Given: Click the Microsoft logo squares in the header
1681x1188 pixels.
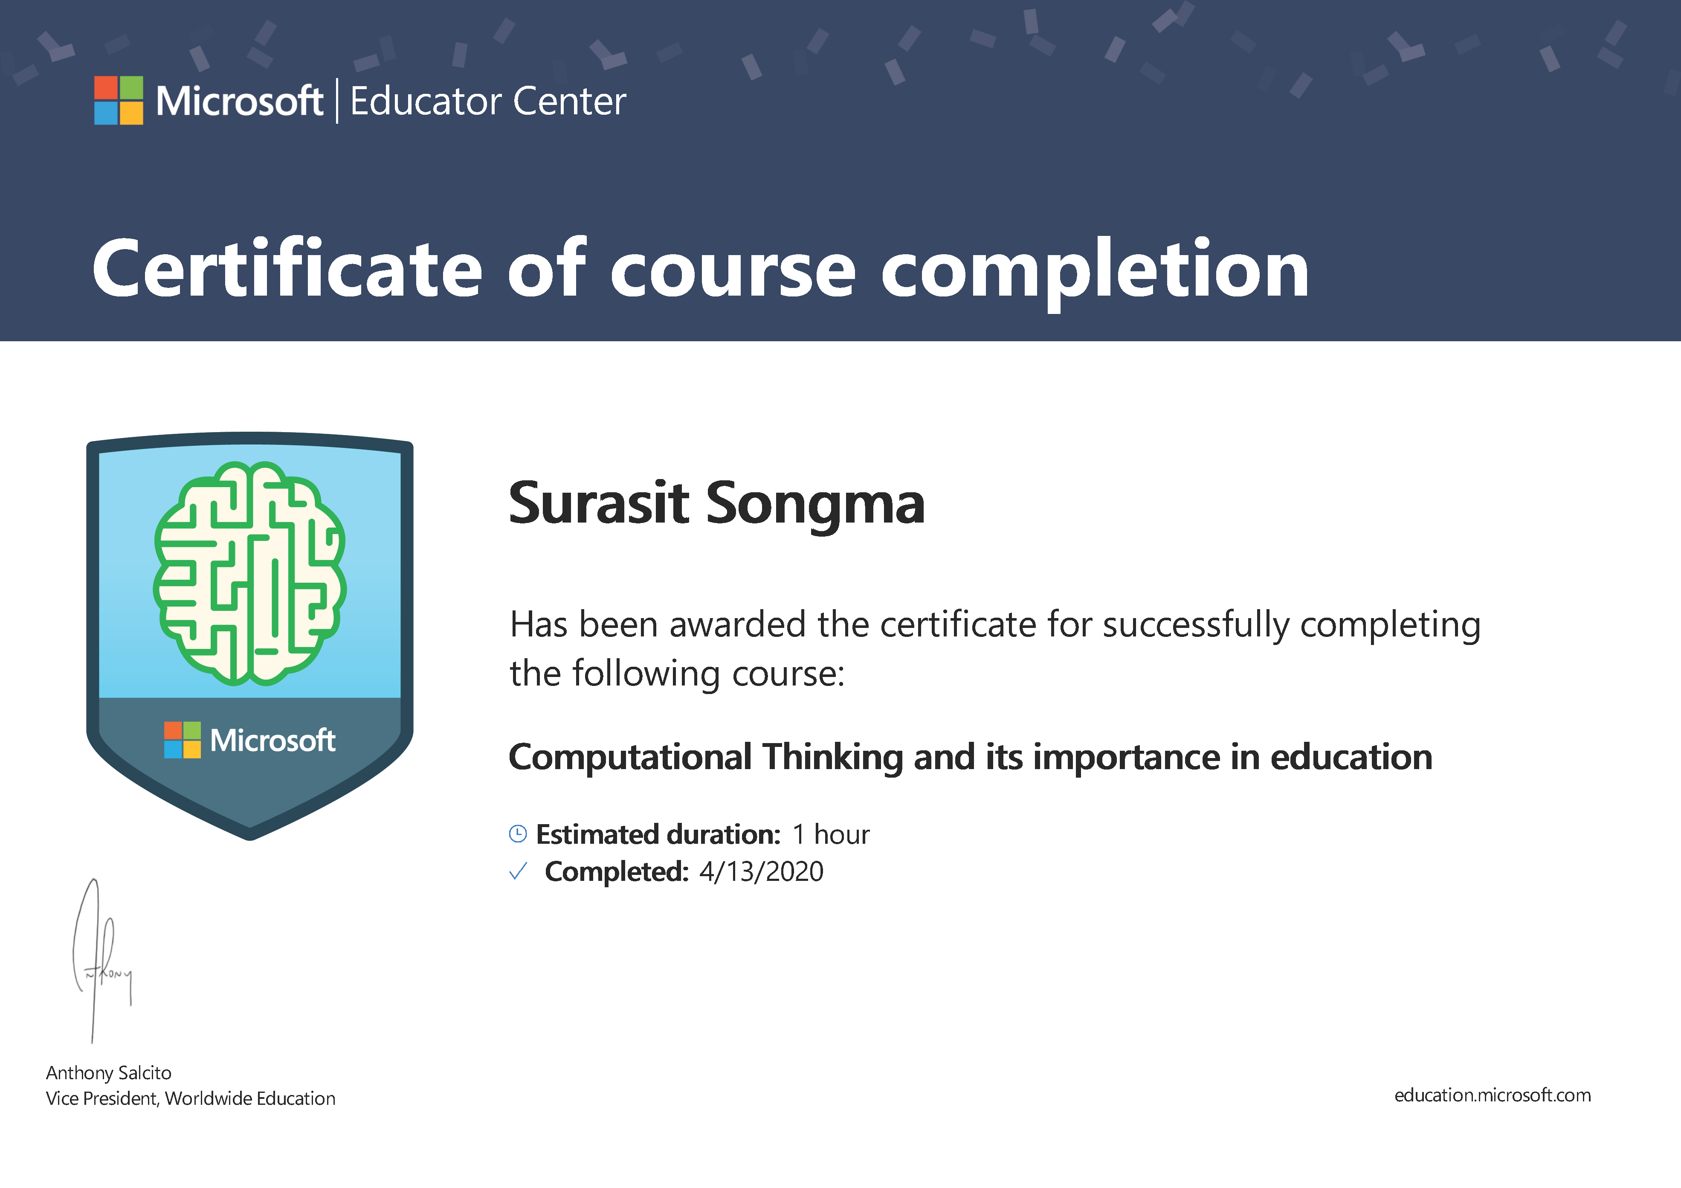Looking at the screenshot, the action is point(119,100).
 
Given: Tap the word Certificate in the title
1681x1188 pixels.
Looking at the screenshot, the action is point(287,269).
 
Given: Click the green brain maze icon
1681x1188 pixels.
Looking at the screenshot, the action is point(249,573).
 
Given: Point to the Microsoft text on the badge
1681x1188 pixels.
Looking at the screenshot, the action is point(272,741).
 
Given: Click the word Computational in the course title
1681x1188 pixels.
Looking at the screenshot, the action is point(630,757).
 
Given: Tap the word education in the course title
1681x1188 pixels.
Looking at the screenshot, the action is point(1351,757).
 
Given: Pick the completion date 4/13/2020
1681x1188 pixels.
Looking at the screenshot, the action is point(762,871).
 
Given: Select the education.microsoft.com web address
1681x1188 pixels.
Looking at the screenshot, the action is point(1492,1096).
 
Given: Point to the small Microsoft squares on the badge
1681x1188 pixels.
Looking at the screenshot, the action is point(183,740).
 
